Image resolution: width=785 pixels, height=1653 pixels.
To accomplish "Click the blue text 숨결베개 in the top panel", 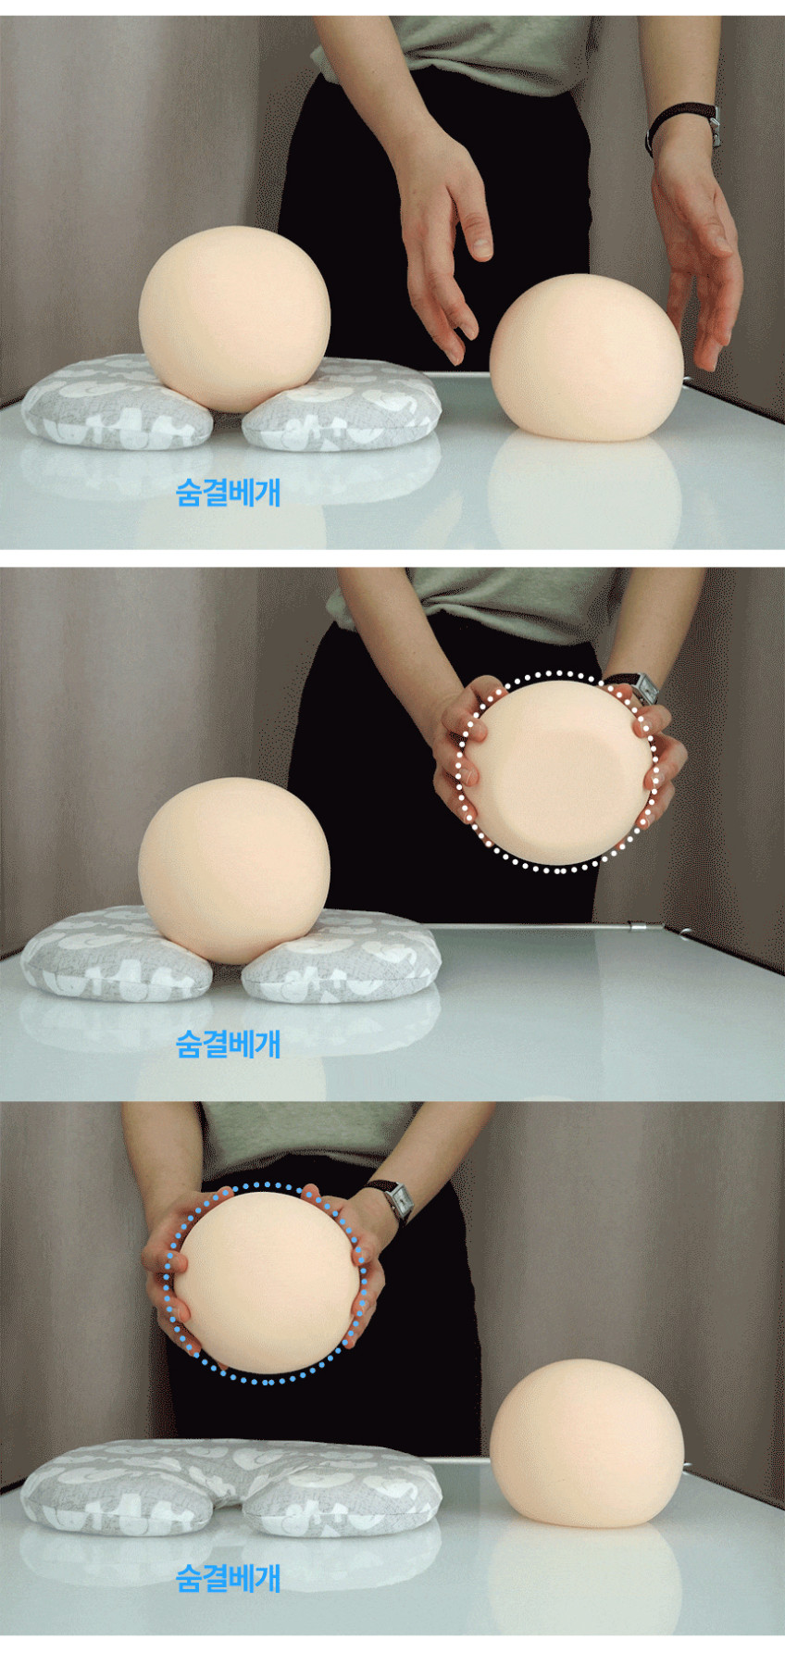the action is (228, 492).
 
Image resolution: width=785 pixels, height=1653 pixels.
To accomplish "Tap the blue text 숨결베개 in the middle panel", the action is (228, 1044).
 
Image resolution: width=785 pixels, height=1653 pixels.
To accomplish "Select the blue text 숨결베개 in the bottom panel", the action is (228, 1578).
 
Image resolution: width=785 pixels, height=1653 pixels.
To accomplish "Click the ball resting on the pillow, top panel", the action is (234, 318).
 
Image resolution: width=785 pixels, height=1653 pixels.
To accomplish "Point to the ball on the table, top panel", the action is (586, 357).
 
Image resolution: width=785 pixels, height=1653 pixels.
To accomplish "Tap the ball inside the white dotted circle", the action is (559, 771).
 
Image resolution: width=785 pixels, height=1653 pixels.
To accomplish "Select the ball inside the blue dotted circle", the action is (266, 1282).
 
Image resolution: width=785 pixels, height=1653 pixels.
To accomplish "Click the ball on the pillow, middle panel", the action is (233, 870).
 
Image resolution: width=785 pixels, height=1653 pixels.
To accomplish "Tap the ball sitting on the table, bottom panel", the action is (586, 1444).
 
